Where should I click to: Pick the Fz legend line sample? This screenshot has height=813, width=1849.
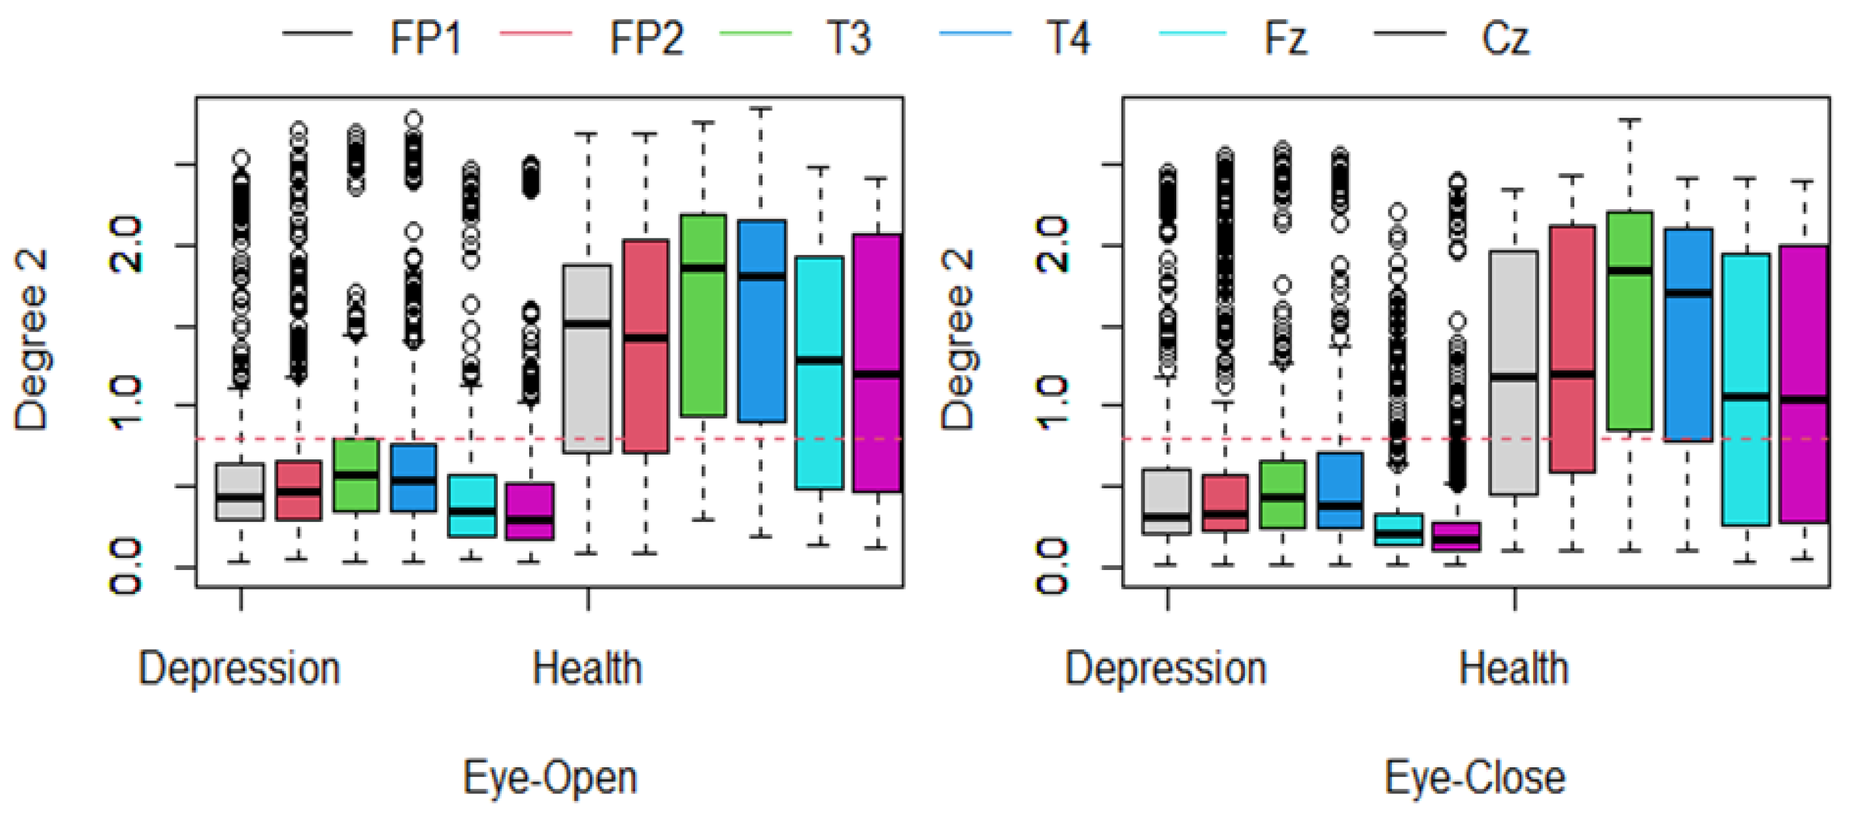1192,34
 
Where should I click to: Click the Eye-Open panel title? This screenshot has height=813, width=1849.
550,777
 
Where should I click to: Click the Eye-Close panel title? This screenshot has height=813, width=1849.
1475,777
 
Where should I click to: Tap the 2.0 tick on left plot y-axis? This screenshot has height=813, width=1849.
126,245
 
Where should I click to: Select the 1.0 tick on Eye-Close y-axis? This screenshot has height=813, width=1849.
1053,405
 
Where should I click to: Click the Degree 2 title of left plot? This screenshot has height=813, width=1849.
31,340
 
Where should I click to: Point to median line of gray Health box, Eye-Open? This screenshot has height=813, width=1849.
587,324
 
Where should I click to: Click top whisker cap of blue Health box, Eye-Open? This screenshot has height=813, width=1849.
761,109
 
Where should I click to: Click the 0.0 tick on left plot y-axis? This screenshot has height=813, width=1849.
126,567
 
